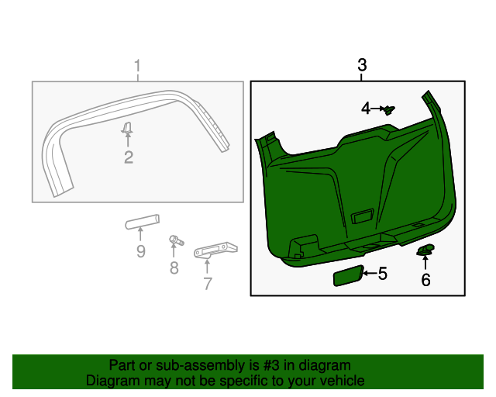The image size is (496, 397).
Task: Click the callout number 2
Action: click(129, 157)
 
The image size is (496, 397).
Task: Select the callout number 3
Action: click(362, 65)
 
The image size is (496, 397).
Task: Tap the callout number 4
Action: click(366, 109)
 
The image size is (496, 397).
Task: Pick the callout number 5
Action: click(382, 273)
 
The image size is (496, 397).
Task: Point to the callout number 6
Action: click(425, 280)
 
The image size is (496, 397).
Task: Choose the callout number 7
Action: click(207, 283)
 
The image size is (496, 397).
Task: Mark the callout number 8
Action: click(174, 268)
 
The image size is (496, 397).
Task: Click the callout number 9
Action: click(140, 251)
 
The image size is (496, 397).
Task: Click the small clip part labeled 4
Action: click(390, 110)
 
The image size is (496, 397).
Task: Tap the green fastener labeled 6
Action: click(425, 250)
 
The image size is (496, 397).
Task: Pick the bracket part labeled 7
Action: click(215, 250)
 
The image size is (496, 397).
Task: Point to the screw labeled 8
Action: click(174, 241)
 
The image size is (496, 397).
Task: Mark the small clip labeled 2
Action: click(128, 127)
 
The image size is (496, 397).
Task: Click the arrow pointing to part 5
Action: click(369, 273)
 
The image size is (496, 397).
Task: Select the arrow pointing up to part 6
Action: click(425, 262)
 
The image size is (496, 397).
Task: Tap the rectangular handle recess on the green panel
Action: click(361, 216)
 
